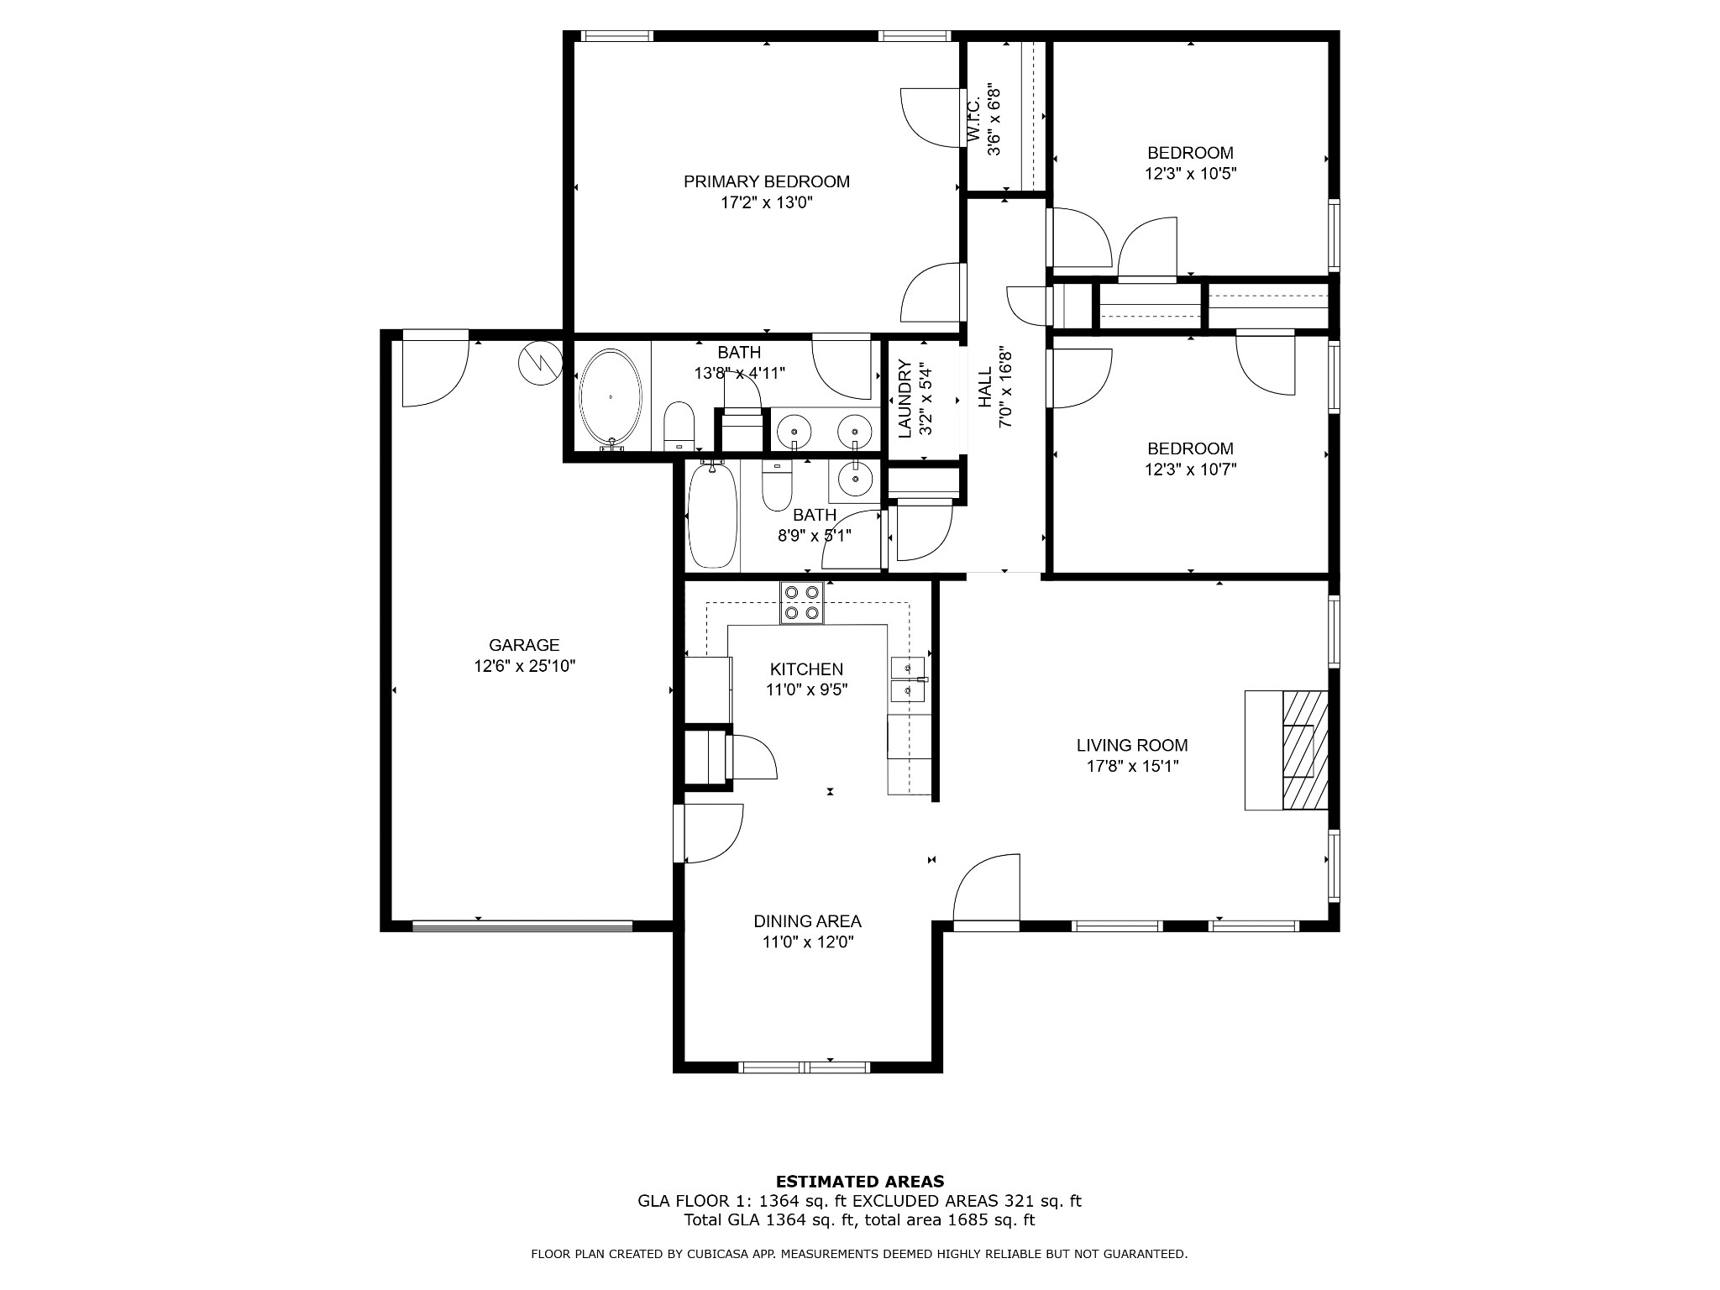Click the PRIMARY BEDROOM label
pos(766,181)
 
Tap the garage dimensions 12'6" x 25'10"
pos(524,666)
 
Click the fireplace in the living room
pos(1304,750)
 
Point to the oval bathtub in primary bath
pos(611,396)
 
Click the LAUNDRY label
pos(905,399)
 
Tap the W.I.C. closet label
pos(973,119)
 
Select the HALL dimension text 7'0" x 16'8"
pos(1005,388)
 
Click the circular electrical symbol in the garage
pos(540,363)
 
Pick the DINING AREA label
pos(807,921)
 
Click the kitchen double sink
pos(908,679)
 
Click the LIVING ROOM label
pos(1131,745)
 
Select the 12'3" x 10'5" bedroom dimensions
pos(1190,174)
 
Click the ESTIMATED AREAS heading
pos(859,1181)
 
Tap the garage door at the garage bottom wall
pos(522,926)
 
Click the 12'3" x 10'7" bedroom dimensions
pos(1190,469)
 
